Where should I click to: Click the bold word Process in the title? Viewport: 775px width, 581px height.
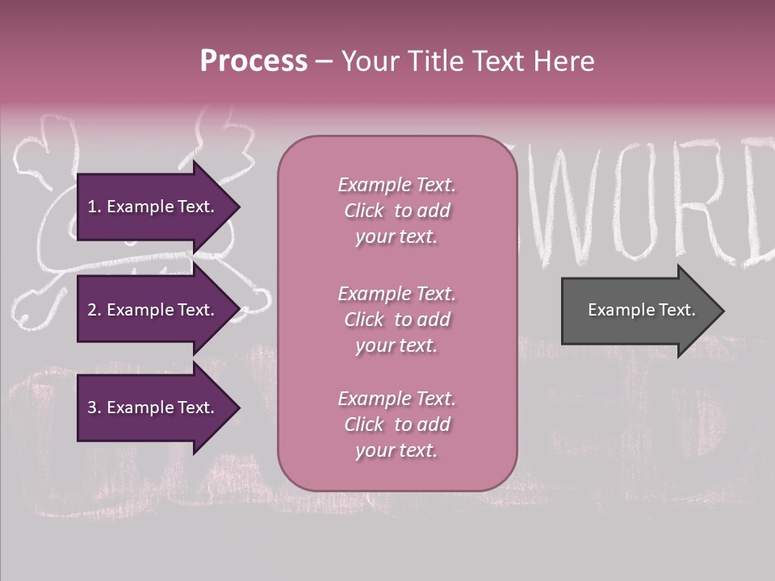tap(253, 61)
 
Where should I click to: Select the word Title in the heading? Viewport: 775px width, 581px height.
tap(438, 61)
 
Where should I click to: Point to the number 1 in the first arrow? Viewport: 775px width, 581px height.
tap(92, 207)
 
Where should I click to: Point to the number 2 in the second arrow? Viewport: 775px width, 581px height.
tap(92, 310)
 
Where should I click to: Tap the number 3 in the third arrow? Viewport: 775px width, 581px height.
tap(92, 408)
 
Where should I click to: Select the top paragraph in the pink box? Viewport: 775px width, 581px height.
tap(396, 211)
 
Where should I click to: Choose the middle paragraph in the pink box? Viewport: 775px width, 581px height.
tap(396, 320)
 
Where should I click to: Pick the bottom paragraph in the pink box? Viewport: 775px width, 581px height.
tap(396, 424)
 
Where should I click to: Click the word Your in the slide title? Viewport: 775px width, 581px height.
tap(374, 61)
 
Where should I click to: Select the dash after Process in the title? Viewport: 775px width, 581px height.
tap(324, 62)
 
